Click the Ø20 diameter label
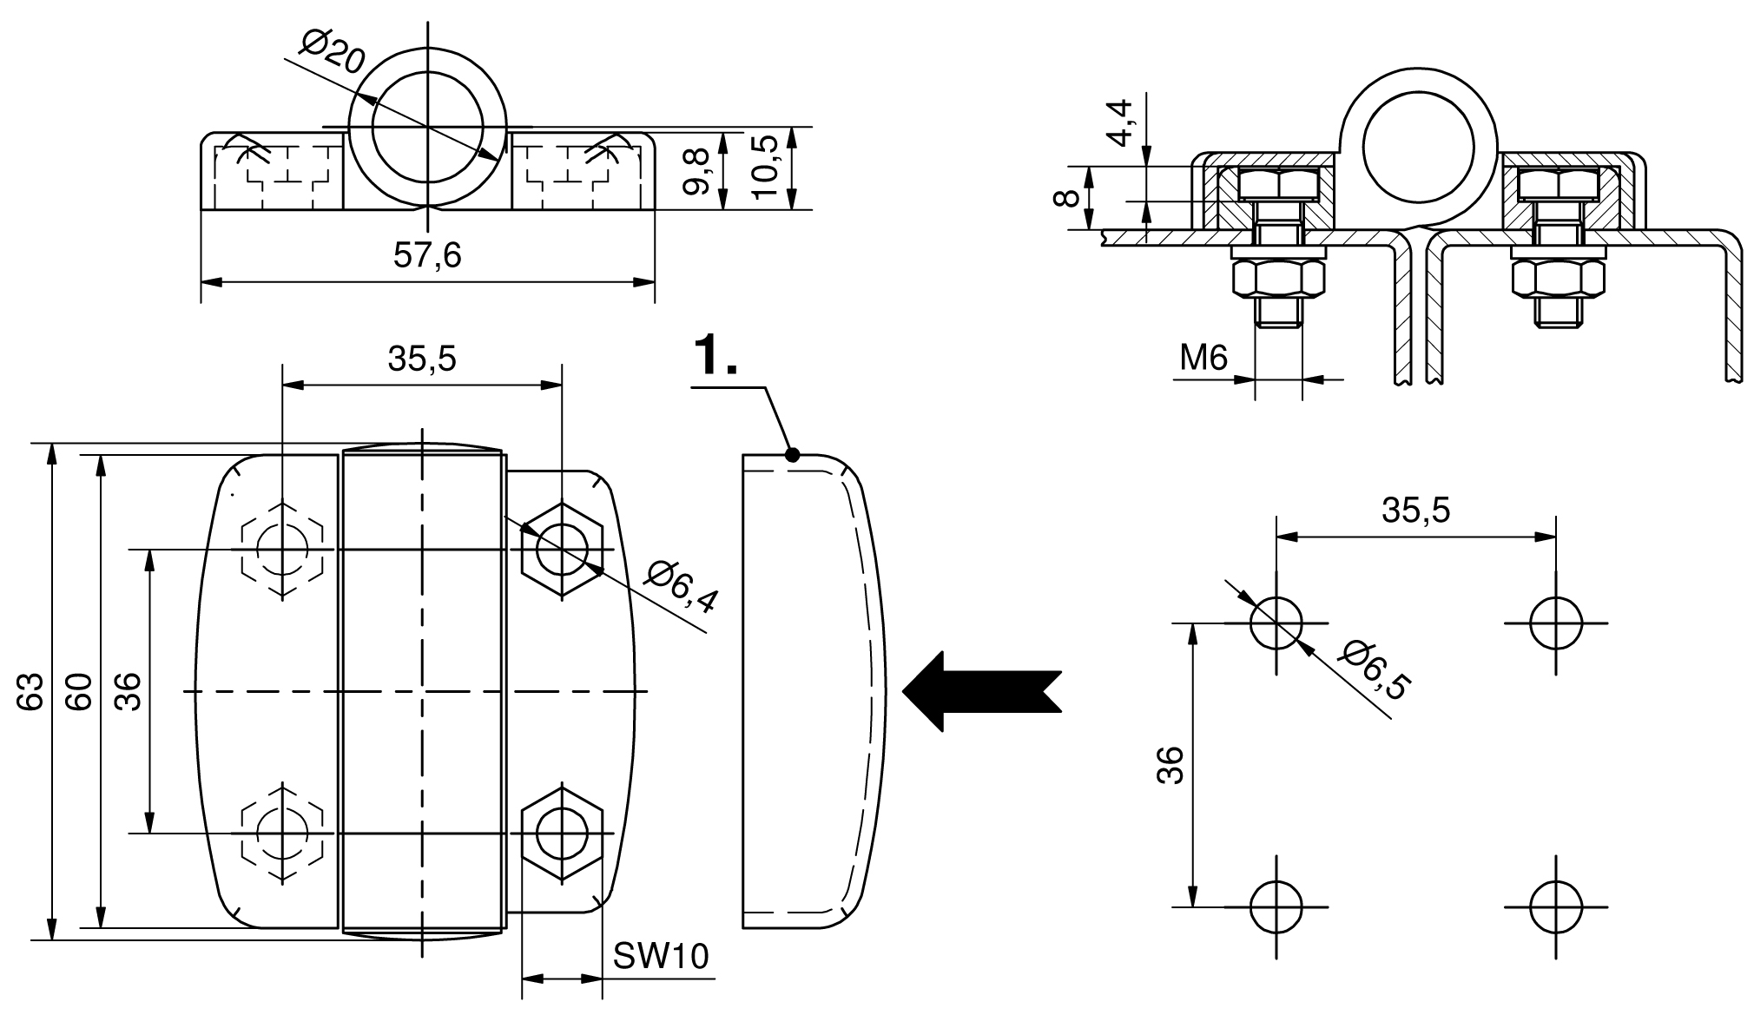[x=333, y=53]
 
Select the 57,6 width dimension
[x=427, y=255]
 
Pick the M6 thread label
[x=1203, y=357]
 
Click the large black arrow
[x=981, y=690]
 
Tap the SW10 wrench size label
[x=661, y=956]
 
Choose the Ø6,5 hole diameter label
[x=1373, y=669]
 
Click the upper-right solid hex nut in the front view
[x=562, y=549]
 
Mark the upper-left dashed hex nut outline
[x=283, y=549]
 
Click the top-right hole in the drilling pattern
[x=1555, y=623]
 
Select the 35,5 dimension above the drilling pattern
[x=1415, y=511]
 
